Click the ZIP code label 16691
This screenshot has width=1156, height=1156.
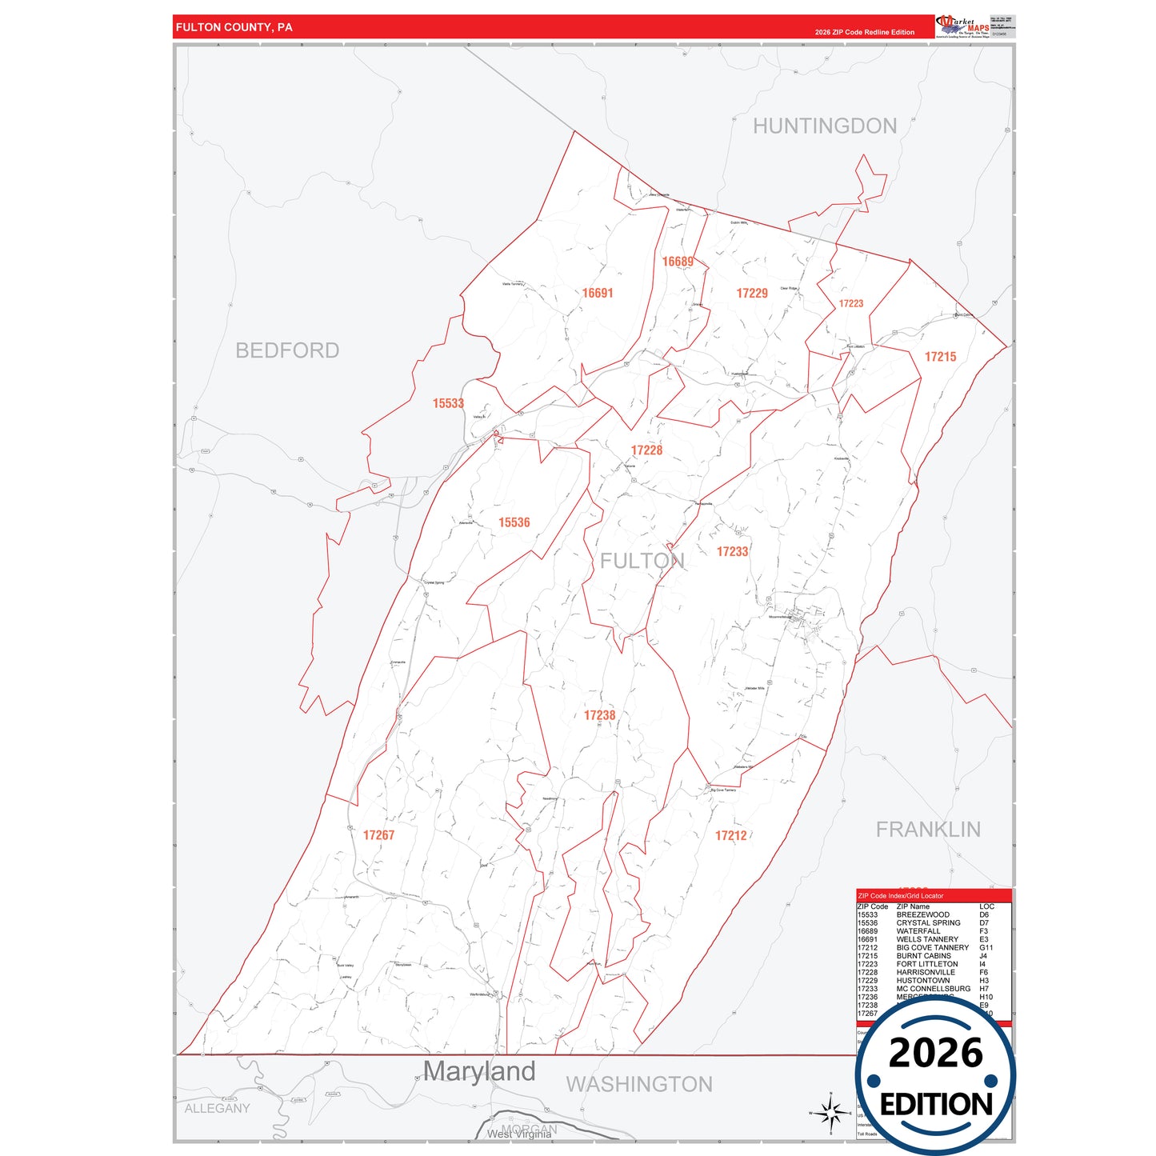598,294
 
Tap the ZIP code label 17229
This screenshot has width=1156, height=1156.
752,294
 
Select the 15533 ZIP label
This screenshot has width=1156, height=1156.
448,404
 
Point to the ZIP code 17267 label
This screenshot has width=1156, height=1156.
378,835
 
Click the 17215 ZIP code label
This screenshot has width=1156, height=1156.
940,357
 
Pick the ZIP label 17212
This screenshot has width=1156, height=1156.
730,836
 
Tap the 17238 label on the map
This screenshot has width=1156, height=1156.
599,715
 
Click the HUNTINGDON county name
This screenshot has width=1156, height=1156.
825,126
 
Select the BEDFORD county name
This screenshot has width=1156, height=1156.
287,350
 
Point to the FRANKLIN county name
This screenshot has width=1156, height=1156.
928,830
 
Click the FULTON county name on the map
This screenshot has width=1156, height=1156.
642,561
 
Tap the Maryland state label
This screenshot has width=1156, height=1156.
479,1071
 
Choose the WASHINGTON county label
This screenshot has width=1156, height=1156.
639,1085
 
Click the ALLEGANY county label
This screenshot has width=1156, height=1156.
217,1109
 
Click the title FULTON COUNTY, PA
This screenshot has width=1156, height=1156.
234,27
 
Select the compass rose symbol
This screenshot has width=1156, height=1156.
831,1113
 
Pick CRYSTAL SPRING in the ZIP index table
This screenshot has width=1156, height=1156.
928,923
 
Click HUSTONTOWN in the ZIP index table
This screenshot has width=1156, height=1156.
923,981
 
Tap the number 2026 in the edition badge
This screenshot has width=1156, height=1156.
935,1053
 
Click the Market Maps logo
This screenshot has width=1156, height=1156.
963,26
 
